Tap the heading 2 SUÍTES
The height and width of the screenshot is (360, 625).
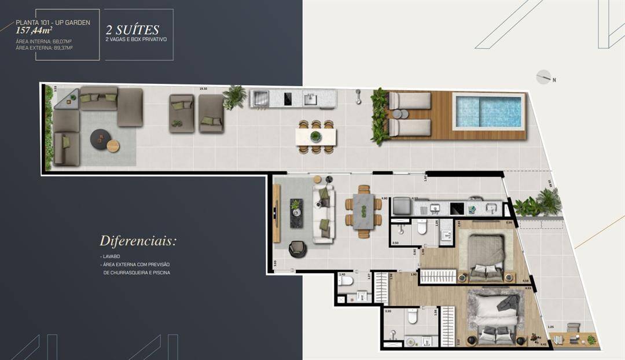click(x=132, y=30)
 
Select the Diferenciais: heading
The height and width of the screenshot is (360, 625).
click(x=137, y=241)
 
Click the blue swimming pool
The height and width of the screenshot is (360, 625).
click(x=489, y=111)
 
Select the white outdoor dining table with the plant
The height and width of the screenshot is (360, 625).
click(x=315, y=137)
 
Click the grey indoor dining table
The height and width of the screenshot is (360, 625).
click(x=363, y=212)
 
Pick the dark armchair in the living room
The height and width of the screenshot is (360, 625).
click(x=297, y=248)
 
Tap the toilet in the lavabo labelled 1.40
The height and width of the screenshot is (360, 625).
click(x=346, y=281)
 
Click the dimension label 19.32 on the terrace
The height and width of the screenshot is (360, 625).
click(x=203, y=89)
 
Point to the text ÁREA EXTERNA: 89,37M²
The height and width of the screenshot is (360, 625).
click(x=44, y=48)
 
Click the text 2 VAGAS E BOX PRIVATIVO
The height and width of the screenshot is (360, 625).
click(x=136, y=39)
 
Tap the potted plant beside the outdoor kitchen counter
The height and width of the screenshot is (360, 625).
click(x=235, y=97)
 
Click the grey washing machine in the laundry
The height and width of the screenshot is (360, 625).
click(x=401, y=205)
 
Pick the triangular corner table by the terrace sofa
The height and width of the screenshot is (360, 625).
click(x=68, y=100)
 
